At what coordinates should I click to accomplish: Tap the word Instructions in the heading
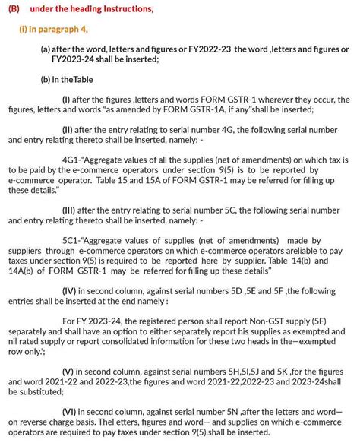122,9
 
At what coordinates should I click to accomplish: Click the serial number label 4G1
72,161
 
